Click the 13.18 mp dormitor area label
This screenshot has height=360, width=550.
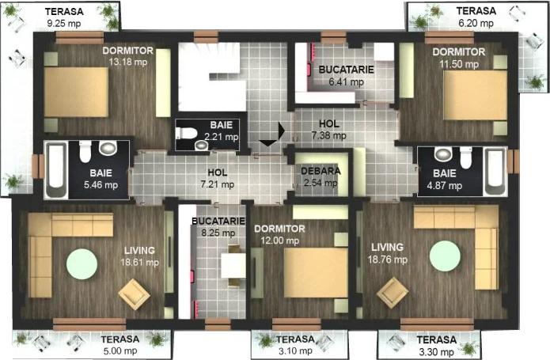[128, 62]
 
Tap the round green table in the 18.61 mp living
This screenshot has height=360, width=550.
[82, 264]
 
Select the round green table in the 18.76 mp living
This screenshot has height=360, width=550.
[445, 256]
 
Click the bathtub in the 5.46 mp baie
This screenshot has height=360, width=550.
[56, 169]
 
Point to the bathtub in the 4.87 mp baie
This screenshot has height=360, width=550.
[495, 172]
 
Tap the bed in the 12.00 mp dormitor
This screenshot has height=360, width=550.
[316, 272]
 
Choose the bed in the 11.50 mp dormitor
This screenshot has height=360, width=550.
[476, 95]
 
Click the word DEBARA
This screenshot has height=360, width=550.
[321, 171]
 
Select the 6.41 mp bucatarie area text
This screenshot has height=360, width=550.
[346, 82]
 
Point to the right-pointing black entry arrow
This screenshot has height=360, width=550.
[281, 130]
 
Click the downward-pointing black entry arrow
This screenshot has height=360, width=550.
[268, 142]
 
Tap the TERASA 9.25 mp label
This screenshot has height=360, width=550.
[64, 17]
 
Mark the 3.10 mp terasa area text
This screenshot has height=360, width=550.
[295, 351]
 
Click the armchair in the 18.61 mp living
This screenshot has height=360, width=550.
[134, 294]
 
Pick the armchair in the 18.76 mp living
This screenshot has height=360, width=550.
[393, 292]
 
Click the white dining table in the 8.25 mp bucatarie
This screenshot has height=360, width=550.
[233, 266]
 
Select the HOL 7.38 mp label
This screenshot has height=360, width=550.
[328, 130]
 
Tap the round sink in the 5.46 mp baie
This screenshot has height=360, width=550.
[108, 148]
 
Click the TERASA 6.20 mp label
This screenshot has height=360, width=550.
[476, 17]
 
